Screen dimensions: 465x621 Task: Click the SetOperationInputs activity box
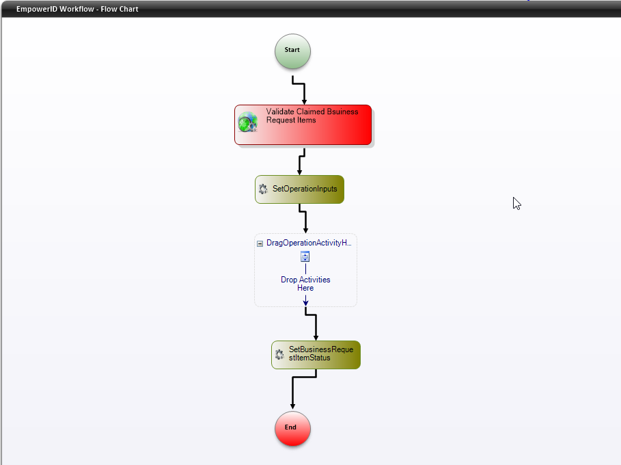[304, 189]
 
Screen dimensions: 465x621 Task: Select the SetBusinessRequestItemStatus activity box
[320, 354]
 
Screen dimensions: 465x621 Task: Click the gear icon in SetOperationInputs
[263, 189]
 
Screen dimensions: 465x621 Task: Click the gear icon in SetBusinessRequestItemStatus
[279, 354]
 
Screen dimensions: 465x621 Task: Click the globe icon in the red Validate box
[247, 123]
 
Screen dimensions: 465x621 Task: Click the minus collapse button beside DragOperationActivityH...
[260, 243]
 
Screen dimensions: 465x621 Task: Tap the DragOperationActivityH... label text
[309, 243]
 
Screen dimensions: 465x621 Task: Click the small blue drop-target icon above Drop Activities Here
[305, 257]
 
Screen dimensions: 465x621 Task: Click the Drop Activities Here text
[305, 284]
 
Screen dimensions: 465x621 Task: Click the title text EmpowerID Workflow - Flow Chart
[77, 9]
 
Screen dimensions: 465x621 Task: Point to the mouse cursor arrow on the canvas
[516, 203]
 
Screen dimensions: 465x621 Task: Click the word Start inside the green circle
[292, 50]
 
